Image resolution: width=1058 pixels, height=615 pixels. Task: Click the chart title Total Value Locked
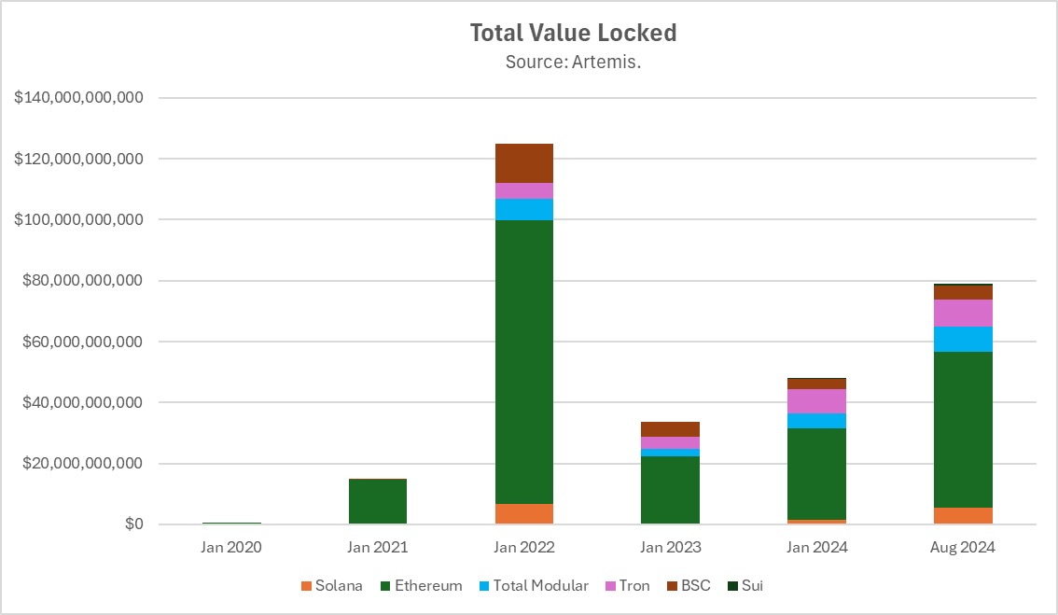(x=573, y=33)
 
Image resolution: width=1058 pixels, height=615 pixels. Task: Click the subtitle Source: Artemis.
(x=573, y=63)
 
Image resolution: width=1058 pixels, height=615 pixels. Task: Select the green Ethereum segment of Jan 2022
(x=523, y=362)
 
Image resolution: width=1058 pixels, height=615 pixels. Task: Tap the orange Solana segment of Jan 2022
(x=523, y=514)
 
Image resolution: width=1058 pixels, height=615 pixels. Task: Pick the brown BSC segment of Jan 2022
(x=523, y=163)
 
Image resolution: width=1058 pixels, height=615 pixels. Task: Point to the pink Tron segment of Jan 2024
(x=816, y=401)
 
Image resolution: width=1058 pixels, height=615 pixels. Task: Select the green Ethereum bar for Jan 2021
(x=377, y=502)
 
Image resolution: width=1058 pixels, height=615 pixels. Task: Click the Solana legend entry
(x=332, y=586)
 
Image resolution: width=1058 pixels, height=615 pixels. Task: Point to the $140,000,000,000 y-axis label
(x=79, y=98)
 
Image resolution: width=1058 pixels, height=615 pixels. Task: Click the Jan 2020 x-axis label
(x=230, y=548)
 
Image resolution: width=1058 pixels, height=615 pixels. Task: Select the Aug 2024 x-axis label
(x=964, y=548)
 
